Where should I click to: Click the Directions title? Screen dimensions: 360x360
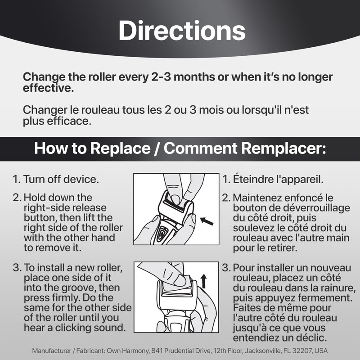point(182,31)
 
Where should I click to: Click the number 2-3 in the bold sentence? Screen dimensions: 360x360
point(161,77)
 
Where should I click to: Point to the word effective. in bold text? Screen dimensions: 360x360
point(48,88)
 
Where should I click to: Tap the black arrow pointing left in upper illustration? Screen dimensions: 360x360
point(207,221)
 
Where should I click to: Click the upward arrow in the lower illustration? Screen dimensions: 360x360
point(204,282)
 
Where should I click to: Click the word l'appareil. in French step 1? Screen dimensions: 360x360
point(300,180)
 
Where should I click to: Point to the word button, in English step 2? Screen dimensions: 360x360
point(40,218)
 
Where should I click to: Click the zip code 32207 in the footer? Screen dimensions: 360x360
point(305,351)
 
